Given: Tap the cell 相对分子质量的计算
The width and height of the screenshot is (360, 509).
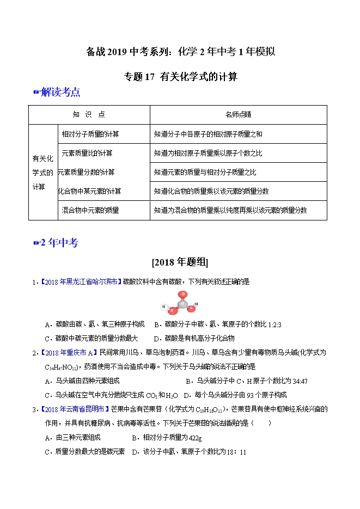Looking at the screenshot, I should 91,133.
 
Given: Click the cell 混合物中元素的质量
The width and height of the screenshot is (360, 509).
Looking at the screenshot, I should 90,210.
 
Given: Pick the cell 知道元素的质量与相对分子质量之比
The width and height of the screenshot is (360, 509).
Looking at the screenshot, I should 205,172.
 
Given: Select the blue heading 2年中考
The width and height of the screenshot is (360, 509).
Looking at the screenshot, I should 59,243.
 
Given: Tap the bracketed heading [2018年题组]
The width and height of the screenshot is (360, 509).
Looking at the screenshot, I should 180,262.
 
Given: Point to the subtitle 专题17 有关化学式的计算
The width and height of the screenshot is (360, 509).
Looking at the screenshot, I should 180,77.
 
